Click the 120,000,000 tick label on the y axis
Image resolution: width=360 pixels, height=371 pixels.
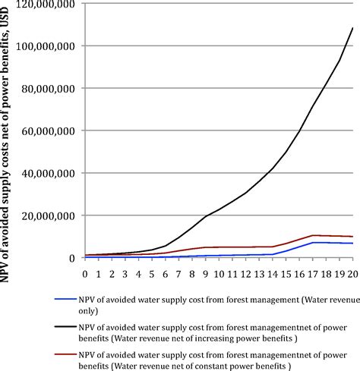46,5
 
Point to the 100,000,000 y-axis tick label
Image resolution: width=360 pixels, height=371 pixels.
46,46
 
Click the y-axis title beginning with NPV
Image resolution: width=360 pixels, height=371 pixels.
8,137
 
